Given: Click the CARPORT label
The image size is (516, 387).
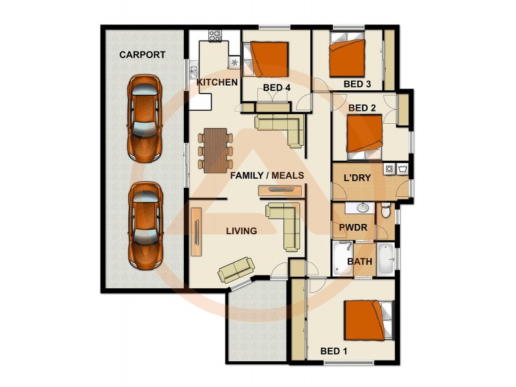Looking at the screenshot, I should pyautogui.click(x=142, y=55).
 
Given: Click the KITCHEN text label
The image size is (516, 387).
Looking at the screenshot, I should pyautogui.click(x=217, y=83).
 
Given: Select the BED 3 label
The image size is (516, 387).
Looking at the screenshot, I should pyautogui.click(x=357, y=84).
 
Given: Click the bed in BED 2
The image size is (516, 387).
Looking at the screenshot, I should pyautogui.click(x=366, y=135).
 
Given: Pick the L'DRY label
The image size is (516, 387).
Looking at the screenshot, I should pyautogui.click(x=356, y=177).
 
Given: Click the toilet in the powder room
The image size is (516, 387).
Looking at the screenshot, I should pyautogui.click(x=385, y=210).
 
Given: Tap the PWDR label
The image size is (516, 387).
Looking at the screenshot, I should pyautogui.click(x=353, y=228).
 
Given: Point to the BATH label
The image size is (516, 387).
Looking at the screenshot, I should pyautogui.click(x=359, y=262).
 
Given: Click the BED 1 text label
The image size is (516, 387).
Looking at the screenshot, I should pyautogui.click(x=333, y=352).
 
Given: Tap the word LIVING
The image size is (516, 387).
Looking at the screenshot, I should pyautogui.click(x=241, y=231).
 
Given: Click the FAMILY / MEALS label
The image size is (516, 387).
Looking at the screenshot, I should pyautogui.click(x=266, y=175).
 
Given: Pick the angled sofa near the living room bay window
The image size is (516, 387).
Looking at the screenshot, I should pyautogui.click(x=235, y=270).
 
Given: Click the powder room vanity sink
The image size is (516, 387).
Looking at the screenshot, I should pyautogui.click(x=362, y=208).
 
